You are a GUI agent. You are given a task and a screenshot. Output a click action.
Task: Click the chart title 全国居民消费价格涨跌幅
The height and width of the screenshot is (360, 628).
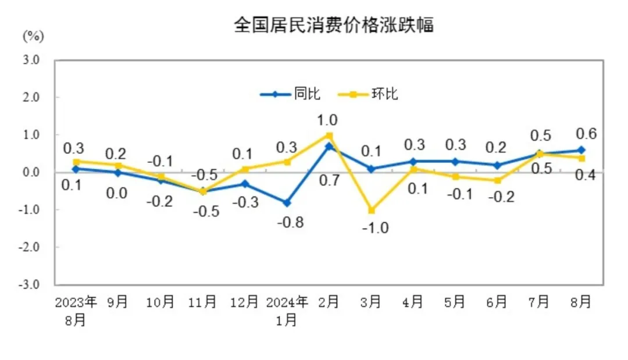tap(334, 26)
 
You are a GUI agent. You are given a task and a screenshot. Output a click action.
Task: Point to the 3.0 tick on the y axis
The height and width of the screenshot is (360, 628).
tap(31, 60)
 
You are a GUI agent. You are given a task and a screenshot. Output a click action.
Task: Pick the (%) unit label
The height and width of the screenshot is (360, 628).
tap(33, 36)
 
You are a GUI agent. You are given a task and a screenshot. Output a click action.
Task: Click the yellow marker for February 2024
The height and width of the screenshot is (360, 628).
tap(329, 136)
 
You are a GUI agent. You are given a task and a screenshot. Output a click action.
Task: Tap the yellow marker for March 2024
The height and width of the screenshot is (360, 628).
tap(370, 210)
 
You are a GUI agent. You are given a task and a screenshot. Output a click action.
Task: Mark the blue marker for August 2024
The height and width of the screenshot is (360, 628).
tap(581, 150)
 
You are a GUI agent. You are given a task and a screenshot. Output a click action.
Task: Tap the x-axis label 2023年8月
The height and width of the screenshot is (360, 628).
tap(76, 310)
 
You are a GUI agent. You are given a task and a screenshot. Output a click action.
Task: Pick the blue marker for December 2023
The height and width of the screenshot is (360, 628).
tap(244, 184)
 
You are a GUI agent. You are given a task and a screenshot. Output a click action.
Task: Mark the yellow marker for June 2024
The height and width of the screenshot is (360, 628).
tap(497, 180)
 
